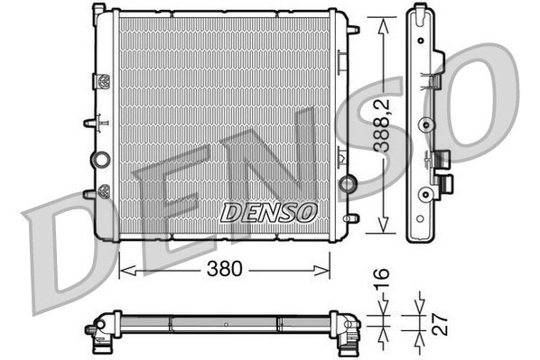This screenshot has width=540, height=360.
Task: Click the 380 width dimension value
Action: tap(224, 268)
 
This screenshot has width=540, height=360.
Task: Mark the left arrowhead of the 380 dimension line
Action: tap(125, 268)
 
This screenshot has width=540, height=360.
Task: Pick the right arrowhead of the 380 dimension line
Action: tap(326, 268)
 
